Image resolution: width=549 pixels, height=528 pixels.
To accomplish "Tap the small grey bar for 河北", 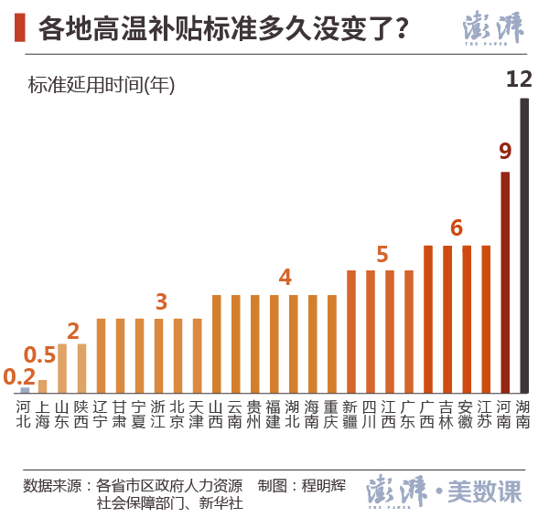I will [x=25, y=389].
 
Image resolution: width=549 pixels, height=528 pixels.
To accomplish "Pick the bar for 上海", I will [x=43, y=385].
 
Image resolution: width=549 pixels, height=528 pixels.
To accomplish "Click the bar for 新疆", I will [x=350, y=331].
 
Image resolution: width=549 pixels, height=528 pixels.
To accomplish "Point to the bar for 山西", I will [x=216, y=343].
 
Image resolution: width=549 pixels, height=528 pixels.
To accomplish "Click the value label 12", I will [x=519, y=79].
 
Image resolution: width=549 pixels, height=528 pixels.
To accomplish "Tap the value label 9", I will [x=505, y=152].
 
